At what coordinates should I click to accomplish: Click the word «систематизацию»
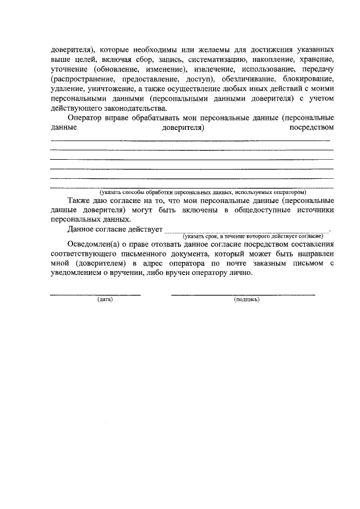tap(215, 59)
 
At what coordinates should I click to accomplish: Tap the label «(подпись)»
tap(246, 300)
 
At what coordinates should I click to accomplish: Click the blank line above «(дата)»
tap(95, 294)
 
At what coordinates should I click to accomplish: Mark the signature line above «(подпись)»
tap(242, 294)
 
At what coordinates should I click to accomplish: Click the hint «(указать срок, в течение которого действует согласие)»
tap(252, 235)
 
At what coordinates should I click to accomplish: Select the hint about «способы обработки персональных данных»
tap(202, 192)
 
